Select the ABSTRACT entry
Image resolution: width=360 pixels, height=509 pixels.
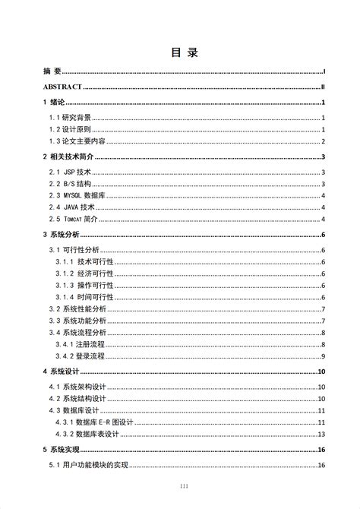click(x=63, y=88)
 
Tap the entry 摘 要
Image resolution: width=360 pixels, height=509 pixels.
click(x=52, y=71)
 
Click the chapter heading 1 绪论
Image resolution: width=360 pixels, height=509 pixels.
click(x=55, y=103)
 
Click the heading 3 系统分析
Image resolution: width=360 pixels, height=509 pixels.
click(x=62, y=236)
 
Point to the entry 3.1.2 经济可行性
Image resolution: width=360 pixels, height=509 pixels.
click(x=86, y=273)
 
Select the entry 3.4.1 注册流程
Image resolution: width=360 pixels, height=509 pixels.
click(x=81, y=344)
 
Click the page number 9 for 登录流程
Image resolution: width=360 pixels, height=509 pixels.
click(x=323, y=356)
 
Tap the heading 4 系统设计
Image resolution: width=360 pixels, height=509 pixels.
click(x=62, y=371)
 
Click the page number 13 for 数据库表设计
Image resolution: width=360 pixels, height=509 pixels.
click(x=321, y=434)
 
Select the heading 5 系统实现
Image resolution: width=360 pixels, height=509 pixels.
click(x=62, y=450)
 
